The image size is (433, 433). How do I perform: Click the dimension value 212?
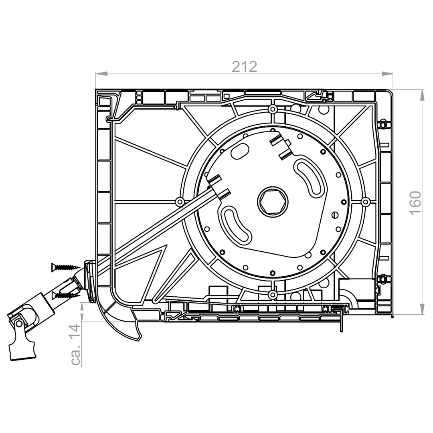245,67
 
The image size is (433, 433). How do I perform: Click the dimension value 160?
415,202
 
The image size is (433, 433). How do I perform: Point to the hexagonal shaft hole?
273,201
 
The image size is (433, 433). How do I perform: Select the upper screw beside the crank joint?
66,267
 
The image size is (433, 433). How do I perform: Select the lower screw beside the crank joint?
66,295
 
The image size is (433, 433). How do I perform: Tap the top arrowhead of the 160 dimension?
422,95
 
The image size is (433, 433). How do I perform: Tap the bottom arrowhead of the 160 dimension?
422,308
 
